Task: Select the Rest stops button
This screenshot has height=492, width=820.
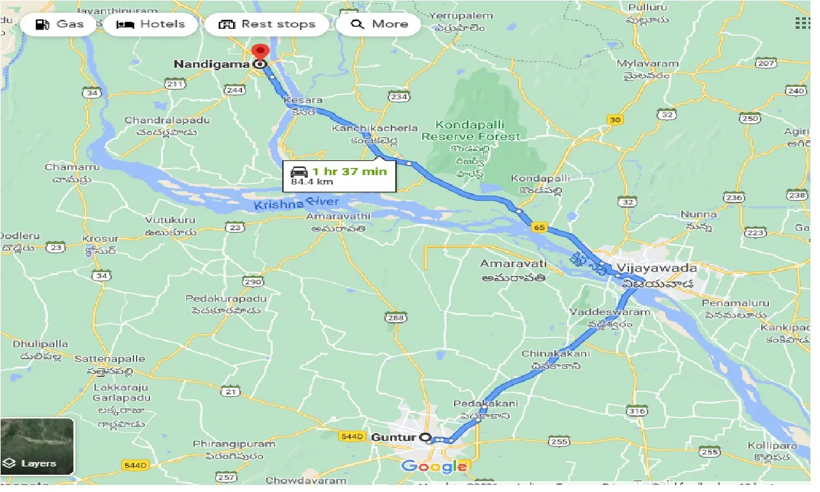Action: (x=267, y=25)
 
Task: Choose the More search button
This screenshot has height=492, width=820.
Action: (x=379, y=25)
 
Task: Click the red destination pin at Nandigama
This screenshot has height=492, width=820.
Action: (x=260, y=52)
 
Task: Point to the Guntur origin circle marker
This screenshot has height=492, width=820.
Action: (x=426, y=438)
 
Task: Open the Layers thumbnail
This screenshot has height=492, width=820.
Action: (x=37, y=445)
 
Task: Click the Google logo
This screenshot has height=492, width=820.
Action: (x=434, y=466)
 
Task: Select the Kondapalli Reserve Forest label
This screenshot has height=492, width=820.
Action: (x=471, y=130)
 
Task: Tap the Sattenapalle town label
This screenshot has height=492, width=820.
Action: (x=110, y=358)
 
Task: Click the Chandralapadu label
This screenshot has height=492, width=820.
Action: (x=167, y=120)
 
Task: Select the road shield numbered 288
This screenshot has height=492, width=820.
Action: (x=395, y=317)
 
